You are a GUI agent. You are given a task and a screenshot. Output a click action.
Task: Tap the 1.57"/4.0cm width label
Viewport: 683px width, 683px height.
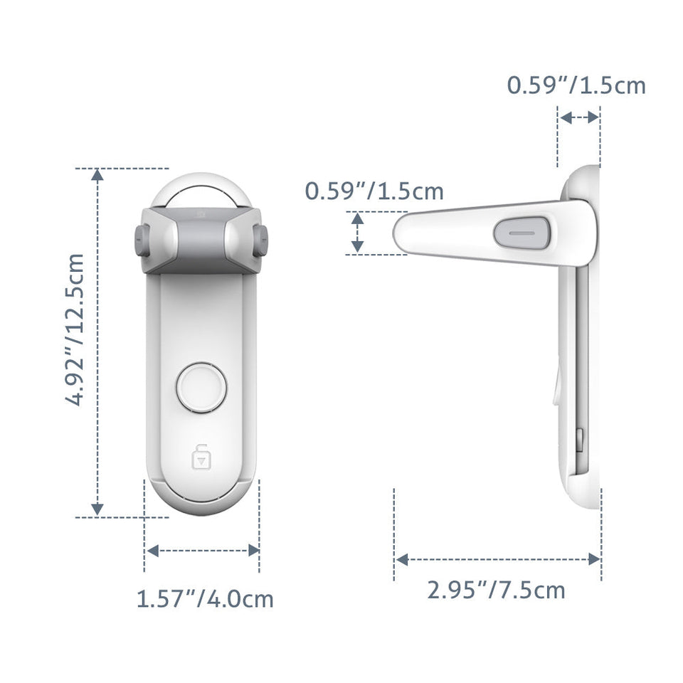point(205,598)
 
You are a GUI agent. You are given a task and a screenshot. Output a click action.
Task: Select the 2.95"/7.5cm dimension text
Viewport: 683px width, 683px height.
point(496,590)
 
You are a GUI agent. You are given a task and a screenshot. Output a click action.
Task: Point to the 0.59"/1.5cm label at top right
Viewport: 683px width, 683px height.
point(576,85)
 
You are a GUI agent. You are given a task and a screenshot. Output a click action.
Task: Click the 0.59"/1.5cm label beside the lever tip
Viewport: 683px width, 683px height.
point(374,191)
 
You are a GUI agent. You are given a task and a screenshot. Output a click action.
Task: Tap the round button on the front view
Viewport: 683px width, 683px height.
point(201,388)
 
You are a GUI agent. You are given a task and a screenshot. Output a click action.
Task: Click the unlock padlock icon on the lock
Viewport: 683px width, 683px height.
point(201,456)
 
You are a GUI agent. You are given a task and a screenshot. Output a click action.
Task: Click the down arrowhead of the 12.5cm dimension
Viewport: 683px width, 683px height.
point(97,509)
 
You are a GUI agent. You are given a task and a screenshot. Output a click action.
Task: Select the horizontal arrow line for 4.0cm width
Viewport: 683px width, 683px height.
point(202,550)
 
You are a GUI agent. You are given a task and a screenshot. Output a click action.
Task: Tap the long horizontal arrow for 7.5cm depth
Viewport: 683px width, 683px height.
point(497,560)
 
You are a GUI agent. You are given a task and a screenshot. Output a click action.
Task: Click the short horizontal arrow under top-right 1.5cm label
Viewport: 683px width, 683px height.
point(579,117)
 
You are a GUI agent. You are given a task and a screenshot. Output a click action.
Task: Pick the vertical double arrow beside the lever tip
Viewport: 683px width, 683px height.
point(357,233)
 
